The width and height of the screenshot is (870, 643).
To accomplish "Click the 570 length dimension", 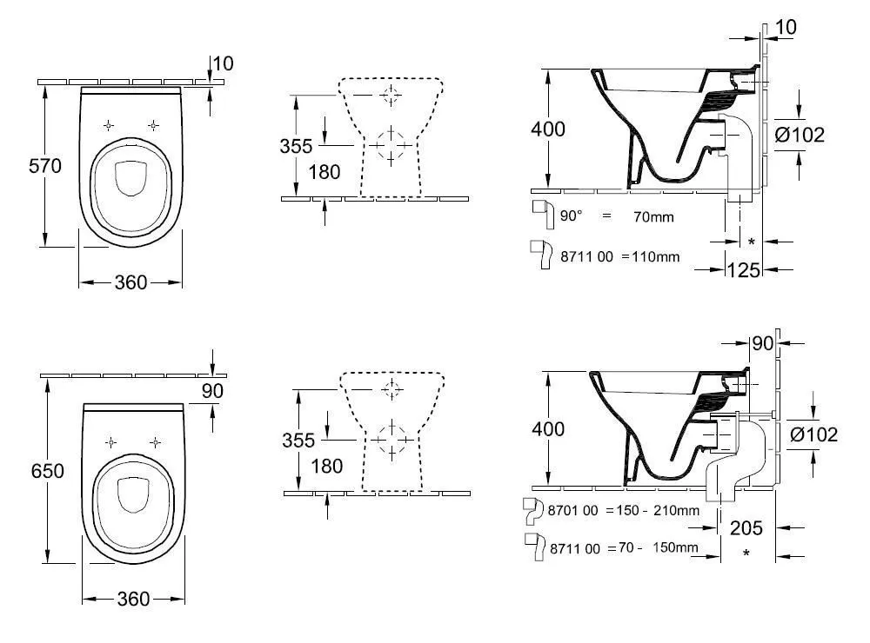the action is click(45, 166).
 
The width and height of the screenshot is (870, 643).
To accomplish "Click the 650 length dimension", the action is click(48, 471).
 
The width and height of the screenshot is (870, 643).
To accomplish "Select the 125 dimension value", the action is click(744, 270).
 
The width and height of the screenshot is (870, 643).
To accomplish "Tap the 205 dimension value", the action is click(746, 527).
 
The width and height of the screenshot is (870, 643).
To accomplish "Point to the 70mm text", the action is click(653, 216).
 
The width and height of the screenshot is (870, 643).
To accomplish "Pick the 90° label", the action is click(572, 215).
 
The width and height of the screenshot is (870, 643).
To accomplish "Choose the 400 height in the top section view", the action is click(548, 129).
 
